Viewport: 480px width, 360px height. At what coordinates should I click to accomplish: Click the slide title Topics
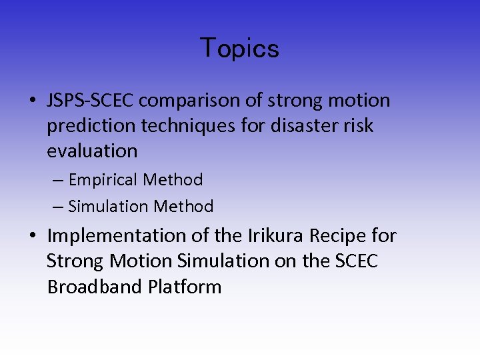tap(239, 48)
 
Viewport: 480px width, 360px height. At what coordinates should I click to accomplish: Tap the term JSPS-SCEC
tap(91, 101)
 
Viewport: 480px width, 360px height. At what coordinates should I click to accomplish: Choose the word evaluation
tap(92, 151)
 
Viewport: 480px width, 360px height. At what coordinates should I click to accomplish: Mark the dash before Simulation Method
tap(56, 207)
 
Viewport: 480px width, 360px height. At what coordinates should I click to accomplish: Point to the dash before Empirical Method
tap(56, 180)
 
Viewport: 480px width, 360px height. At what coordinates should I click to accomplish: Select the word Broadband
tap(95, 287)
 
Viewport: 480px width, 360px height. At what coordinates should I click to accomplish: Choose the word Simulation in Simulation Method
tap(109, 207)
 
